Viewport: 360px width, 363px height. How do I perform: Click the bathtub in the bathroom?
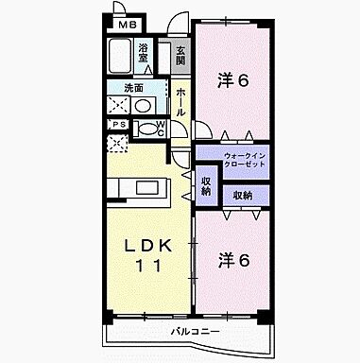tap(120, 56)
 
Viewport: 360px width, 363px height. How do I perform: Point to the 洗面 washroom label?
tap(133, 89)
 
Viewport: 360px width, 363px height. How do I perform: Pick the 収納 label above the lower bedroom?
tap(243, 196)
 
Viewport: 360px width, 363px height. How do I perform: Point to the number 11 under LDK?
tap(149, 267)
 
